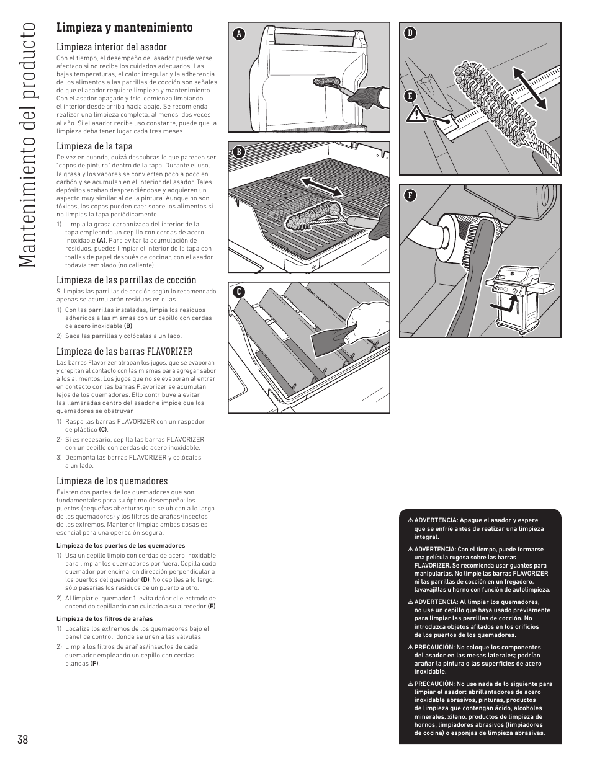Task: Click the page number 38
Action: [23, 739]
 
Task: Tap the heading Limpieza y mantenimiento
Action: [124, 27]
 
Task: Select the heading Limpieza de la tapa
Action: [94, 146]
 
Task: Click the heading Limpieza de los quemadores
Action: [112, 481]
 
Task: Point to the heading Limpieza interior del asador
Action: [112, 47]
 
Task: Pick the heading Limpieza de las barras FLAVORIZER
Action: [124, 351]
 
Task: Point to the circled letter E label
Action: [410, 96]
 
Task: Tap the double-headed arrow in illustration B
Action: [323, 186]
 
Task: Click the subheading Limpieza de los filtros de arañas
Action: [104, 618]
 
